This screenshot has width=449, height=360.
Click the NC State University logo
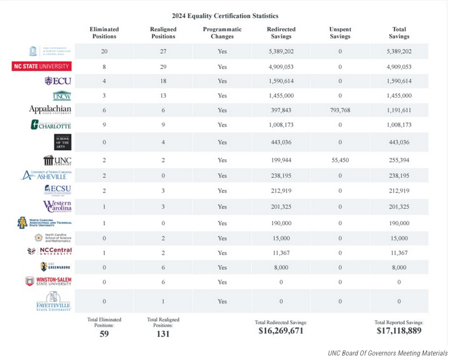point(42,66)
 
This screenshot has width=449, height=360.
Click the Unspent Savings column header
point(340,33)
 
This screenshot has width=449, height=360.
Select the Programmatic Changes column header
point(222,33)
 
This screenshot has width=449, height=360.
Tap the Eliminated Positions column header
point(104,33)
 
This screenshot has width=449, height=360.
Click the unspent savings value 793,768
point(340,110)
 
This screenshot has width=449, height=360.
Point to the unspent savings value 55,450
point(340,159)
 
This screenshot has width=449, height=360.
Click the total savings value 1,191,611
point(399,110)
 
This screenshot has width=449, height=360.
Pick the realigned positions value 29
point(163,67)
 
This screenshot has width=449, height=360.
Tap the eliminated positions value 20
point(104,51)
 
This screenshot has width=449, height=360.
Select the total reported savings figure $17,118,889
point(399,331)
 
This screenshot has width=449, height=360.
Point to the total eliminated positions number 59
point(104,333)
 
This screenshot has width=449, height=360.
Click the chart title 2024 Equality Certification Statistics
point(225,15)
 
